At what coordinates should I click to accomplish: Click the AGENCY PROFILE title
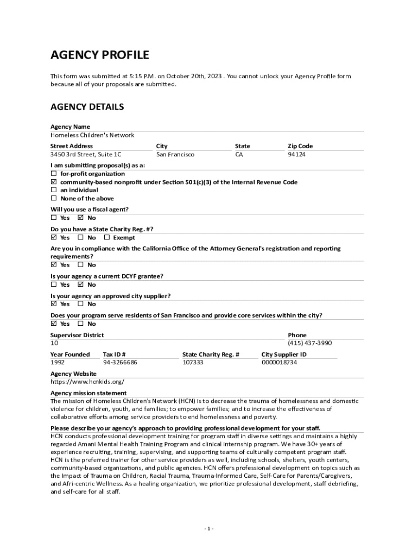99,55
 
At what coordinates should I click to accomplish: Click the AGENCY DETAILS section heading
87,107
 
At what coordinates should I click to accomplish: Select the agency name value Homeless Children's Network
92,135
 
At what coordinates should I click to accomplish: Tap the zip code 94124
296,155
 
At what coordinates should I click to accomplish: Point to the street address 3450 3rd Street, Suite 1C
86,155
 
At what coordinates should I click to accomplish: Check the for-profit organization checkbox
54,174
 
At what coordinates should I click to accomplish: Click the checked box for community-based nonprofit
54,182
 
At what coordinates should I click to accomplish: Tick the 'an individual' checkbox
54,191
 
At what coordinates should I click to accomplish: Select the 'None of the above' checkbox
54,199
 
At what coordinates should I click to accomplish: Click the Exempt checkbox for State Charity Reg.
107,238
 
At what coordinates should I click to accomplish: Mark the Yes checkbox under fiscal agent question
54,218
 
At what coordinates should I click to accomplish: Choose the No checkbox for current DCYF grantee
81,285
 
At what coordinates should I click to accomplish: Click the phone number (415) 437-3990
309,343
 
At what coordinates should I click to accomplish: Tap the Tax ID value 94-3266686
120,362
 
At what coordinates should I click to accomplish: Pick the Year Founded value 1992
58,362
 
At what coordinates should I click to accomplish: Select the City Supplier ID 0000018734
279,362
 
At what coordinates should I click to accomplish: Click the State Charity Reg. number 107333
193,362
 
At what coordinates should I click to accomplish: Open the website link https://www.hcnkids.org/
87,382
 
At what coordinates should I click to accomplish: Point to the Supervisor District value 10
54,343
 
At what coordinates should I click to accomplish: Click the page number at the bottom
209,529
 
